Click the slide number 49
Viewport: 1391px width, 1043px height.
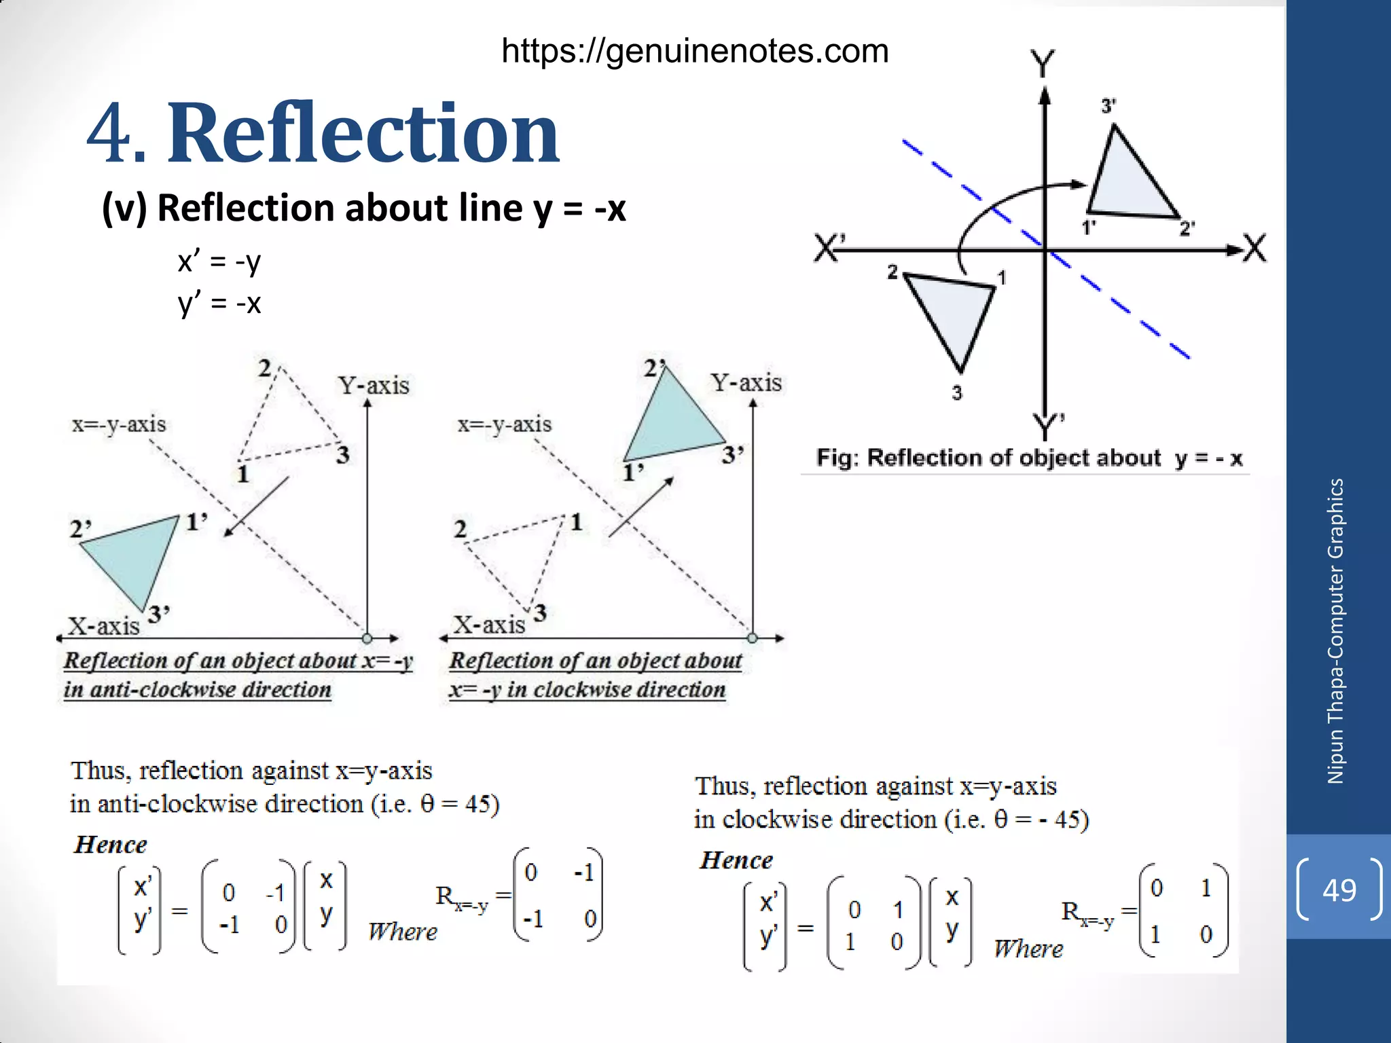1339,890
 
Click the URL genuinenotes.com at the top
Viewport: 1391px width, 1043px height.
695,51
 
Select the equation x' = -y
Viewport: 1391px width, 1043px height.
219,261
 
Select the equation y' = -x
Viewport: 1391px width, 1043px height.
219,303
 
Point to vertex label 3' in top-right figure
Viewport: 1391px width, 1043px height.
1108,106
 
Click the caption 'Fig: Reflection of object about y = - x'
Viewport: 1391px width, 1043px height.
1029,458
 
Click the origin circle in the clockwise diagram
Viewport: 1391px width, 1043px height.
752,638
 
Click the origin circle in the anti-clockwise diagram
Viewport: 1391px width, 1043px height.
367,638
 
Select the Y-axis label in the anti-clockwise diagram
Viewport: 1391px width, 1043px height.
374,386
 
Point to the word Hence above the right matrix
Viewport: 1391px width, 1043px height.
736,860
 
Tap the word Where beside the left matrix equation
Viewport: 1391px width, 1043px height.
402,932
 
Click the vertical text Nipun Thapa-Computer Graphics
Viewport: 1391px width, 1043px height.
1335,632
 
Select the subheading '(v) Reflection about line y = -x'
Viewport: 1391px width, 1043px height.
363,208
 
